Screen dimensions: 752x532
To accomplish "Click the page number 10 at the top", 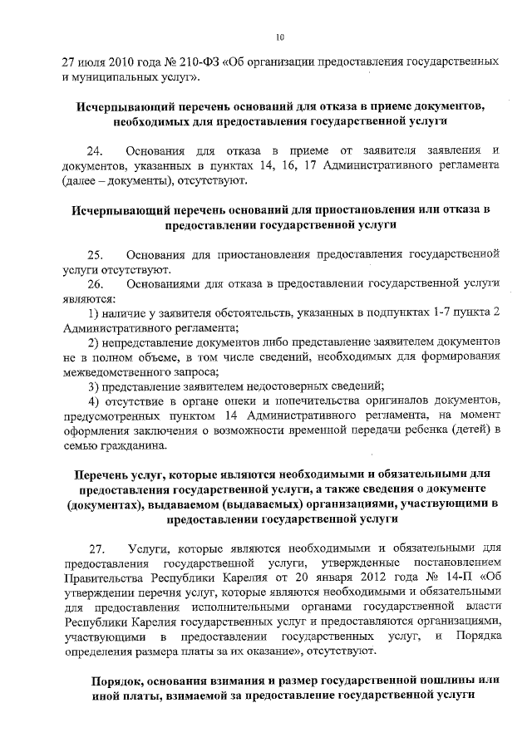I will (280, 37).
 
